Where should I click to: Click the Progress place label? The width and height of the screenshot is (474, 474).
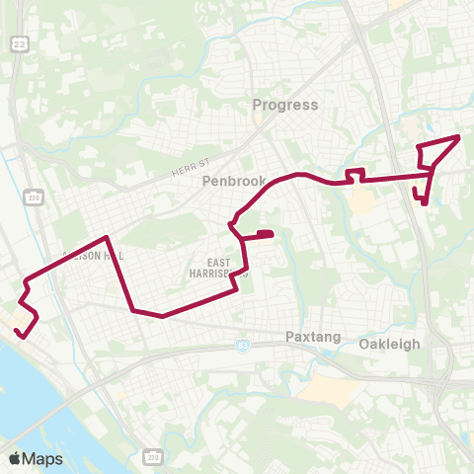[x=285, y=105]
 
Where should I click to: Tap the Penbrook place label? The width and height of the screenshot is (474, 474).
[x=229, y=182]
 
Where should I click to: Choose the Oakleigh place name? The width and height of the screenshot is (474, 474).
[x=390, y=344]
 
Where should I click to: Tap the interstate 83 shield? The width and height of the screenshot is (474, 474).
[x=243, y=346]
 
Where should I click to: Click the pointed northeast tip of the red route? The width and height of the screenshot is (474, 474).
[x=459, y=137]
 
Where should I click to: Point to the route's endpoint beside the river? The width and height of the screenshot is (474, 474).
[x=22, y=332]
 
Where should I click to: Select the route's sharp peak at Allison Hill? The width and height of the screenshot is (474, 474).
[x=106, y=238]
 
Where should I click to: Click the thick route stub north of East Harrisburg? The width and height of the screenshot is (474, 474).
[x=264, y=234]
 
